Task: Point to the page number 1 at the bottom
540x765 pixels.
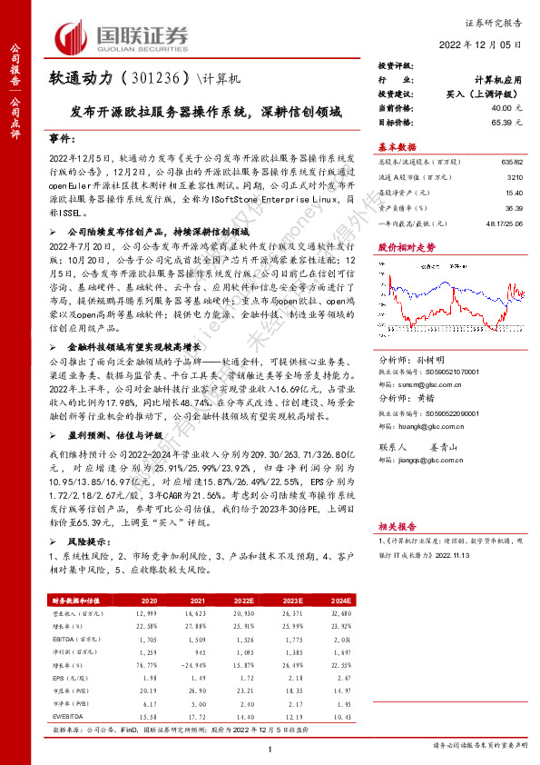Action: pos(270,748)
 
